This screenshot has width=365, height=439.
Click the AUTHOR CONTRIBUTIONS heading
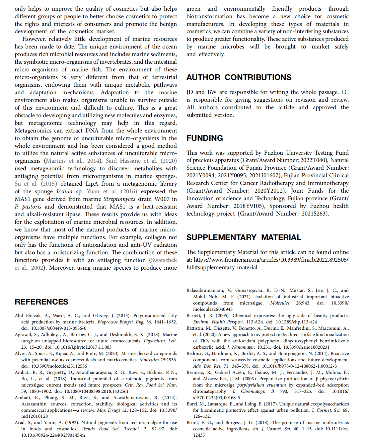[x=239, y=77]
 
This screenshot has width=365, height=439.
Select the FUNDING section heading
[x=204, y=138]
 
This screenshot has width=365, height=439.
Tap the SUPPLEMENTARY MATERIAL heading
[x=244, y=237]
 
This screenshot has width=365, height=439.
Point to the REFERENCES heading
[x=41, y=302]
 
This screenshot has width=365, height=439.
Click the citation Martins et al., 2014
[x=73, y=161]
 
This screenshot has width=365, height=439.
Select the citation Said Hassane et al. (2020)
[x=141, y=161]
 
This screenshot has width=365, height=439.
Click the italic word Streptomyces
[x=119, y=199]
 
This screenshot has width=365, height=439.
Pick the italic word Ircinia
[x=64, y=191]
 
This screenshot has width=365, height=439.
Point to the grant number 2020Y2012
[x=269, y=191]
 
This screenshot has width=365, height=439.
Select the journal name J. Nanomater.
[x=243, y=347]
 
